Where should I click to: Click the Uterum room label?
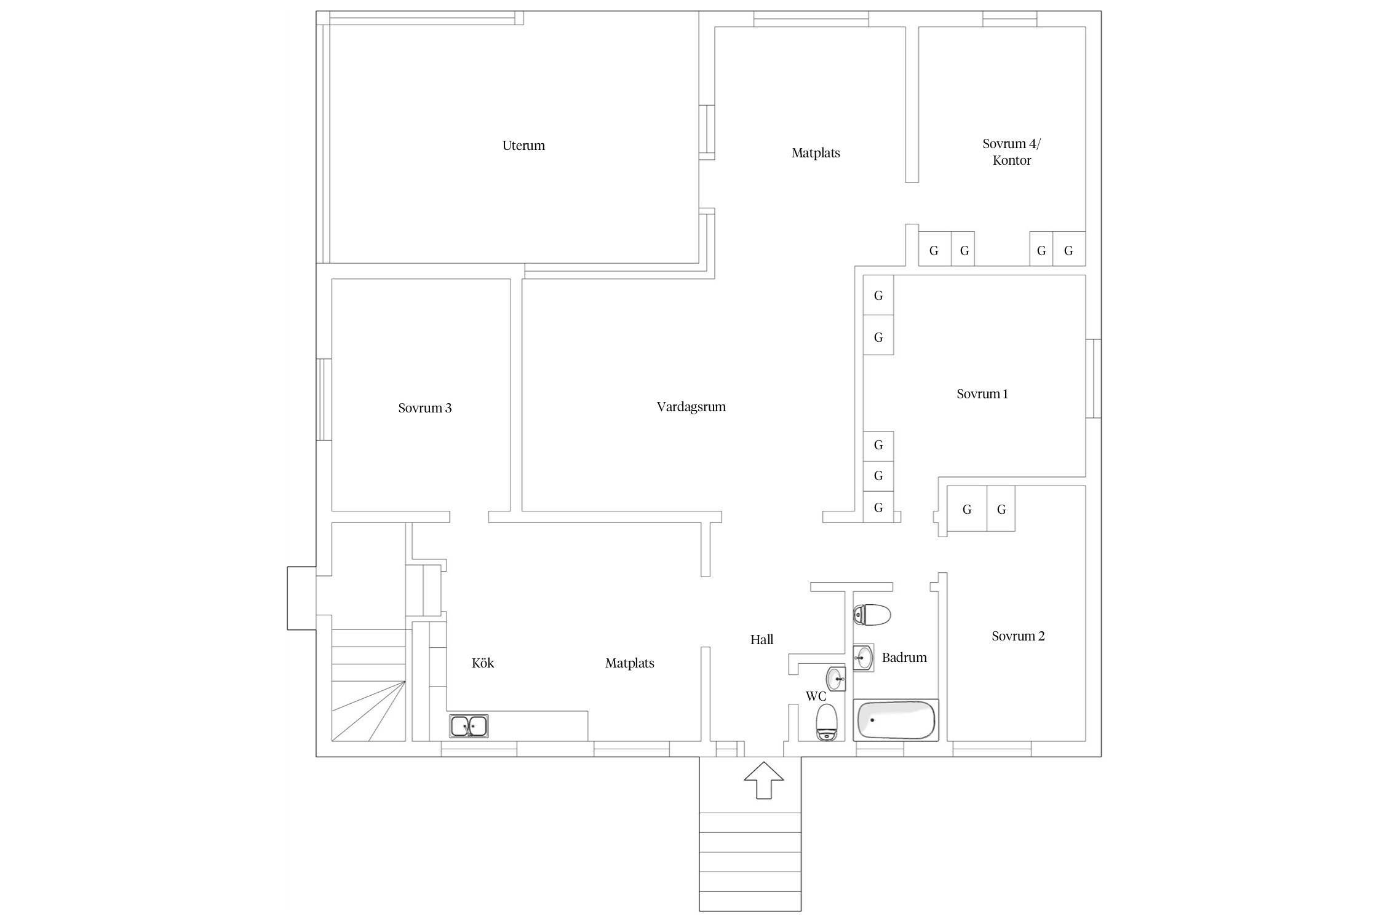(523, 146)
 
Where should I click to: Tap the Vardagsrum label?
(691, 407)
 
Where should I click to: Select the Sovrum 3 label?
(424, 408)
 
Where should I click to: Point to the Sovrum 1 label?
(982, 394)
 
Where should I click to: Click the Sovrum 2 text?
(1018, 636)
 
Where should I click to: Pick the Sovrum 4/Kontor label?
(1012, 152)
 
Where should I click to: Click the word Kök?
(483, 663)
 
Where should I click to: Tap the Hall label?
(762, 640)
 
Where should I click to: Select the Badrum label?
(904, 658)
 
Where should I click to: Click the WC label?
(816, 696)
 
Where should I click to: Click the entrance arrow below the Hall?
(763, 780)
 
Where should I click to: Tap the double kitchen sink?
(469, 726)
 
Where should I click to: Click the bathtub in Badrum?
(896, 720)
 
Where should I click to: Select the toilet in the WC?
(826, 722)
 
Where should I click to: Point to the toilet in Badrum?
(872, 615)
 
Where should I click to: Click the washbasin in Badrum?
(864, 658)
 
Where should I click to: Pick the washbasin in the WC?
(836, 679)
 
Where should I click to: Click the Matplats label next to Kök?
(629, 663)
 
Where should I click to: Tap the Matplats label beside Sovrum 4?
(816, 153)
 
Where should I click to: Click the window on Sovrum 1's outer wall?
(1093, 379)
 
